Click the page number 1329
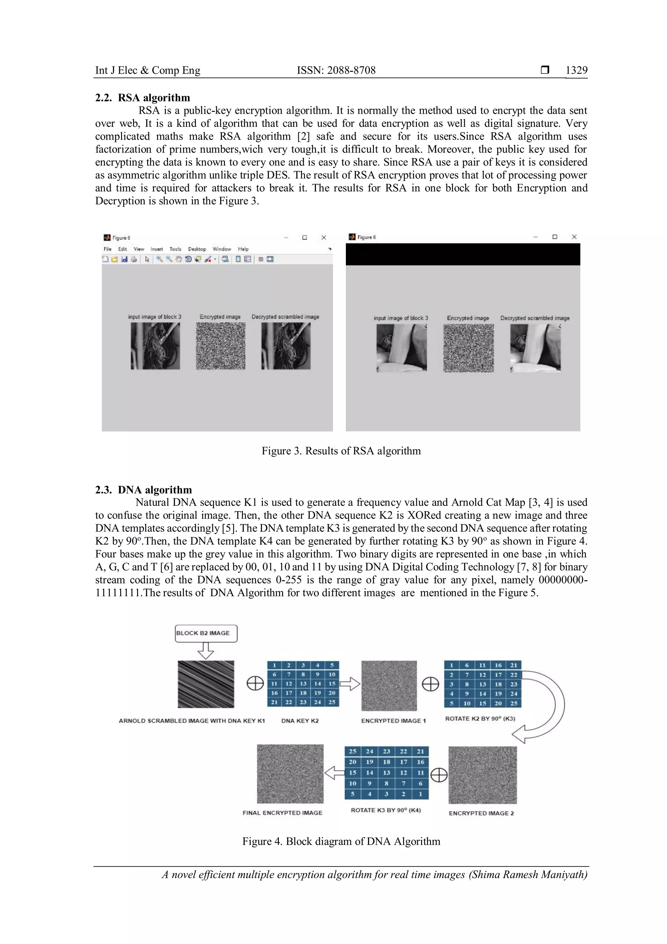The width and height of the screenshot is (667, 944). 576,70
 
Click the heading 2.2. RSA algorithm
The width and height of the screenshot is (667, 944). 143,98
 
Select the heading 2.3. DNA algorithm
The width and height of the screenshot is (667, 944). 143,490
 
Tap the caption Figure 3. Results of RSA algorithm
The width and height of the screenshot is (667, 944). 341,451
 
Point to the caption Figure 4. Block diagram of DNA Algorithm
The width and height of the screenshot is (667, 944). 341,841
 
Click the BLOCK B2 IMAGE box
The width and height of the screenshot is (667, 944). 206,633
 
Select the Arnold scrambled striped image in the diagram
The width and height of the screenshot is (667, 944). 206,684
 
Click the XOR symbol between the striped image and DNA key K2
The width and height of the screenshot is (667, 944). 255,684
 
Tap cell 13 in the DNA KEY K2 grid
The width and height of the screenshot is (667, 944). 303,684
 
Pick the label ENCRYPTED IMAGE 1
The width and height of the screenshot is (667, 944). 393,721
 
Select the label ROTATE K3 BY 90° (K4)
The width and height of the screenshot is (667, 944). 386,810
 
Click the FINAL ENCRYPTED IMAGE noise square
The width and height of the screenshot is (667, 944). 290,774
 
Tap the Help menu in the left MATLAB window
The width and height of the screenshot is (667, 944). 243,249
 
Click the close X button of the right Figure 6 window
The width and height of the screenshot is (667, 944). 574,237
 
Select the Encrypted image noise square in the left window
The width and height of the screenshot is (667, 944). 220,346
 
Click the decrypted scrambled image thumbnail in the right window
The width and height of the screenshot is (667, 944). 535,348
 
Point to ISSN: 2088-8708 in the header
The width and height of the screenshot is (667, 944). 336,70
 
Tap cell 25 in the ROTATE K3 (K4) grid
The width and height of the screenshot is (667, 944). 353,751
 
